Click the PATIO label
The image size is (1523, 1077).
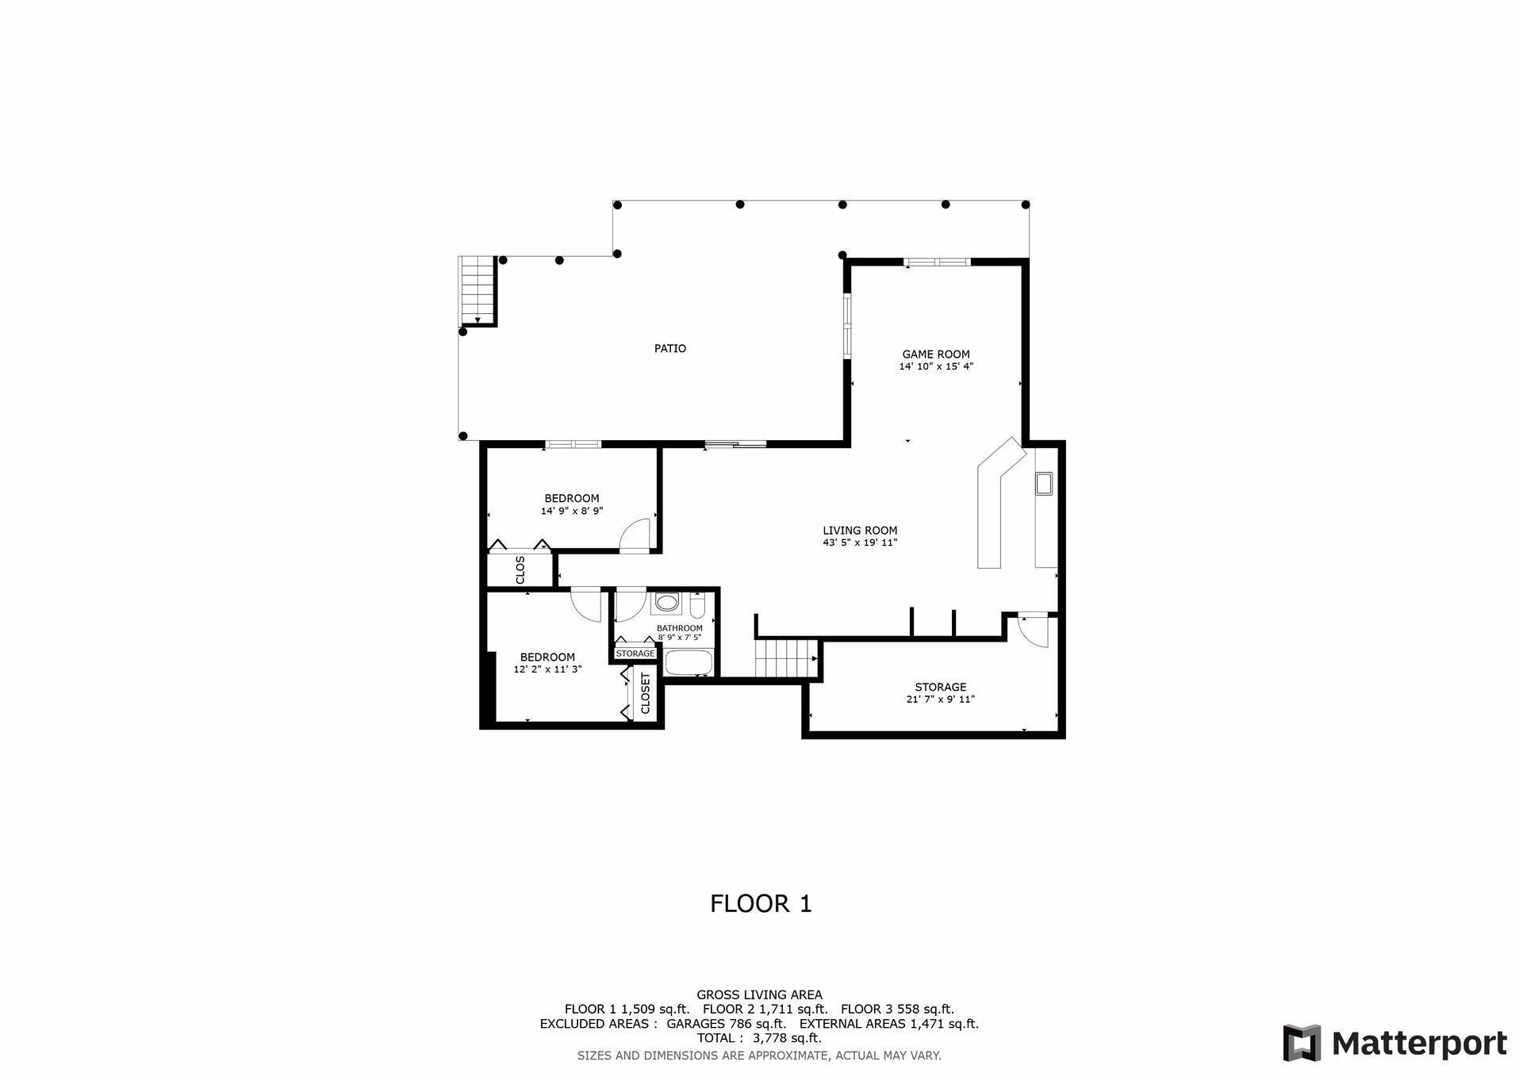tap(670, 348)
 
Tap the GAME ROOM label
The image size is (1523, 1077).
tap(936, 355)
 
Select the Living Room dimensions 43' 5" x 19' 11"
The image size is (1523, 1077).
tap(860, 543)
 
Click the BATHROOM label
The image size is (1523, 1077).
tap(680, 628)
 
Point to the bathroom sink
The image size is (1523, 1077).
tap(668, 604)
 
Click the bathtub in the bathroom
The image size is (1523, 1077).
tap(689, 662)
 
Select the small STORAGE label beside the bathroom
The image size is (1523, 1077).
tap(635, 653)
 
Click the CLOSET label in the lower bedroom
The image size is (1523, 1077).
tap(646, 694)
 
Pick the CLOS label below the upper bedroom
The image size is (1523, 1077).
tap(520, 570)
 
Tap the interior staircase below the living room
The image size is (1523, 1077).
tap(786, 658)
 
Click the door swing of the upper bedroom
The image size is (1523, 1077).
tap(635, 535)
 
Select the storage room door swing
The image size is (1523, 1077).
tap(1034, 631)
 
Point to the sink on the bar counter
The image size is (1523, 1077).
tap(1043, 483)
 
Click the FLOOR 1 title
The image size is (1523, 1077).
tap(761, 904)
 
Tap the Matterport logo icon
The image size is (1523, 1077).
tap(1302, 1043)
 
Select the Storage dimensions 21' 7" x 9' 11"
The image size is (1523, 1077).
tap(940, 699)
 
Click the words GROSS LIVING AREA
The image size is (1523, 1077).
tap(759, 995)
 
